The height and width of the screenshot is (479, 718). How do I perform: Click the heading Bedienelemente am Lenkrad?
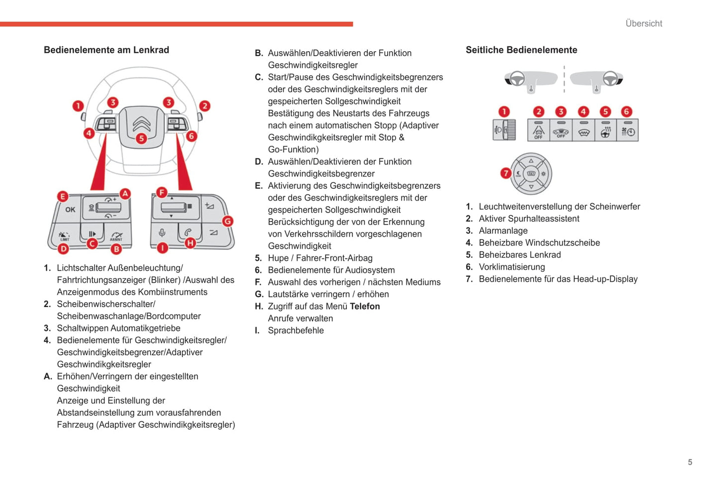(x=106, y=50)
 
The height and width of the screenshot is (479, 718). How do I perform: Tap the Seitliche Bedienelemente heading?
(x=521, y=50)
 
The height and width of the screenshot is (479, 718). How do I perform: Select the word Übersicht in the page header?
(x=643, y=23)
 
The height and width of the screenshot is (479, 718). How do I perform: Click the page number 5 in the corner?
(x=690, y=462)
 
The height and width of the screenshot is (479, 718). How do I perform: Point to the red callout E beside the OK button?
(x=63, y=196)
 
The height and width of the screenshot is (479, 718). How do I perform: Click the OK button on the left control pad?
(x=71, y=210)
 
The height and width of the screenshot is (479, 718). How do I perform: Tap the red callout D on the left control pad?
(x=64, y=248)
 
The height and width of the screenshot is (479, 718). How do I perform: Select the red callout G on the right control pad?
(x=228, y=221)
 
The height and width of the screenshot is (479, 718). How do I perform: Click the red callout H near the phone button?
(x=190, y=243)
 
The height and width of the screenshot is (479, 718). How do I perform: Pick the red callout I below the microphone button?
(x=162, y=247)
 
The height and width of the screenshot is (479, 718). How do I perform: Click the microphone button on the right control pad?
(x=162, y=233)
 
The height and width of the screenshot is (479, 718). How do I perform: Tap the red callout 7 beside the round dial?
(x=506, y=173)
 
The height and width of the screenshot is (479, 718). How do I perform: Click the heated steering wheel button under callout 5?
(x=605, y=131)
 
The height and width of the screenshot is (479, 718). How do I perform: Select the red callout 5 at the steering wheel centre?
(x=142, y=138)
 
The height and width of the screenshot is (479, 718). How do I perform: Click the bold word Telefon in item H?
(x=365, y=306)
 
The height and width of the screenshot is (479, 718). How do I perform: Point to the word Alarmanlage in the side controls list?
(x=503, y=231)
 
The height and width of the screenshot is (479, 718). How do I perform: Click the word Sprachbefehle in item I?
(x=296, y=330)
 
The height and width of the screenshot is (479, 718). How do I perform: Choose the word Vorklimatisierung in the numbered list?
(x=512, y=267)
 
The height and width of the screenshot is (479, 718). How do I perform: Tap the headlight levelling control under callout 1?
(x=504, y=130)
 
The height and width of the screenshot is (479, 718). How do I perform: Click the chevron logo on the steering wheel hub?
(x=142, y=122)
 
